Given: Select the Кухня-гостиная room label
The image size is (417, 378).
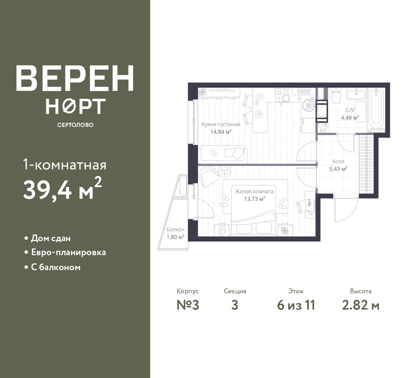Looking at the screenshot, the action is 221,124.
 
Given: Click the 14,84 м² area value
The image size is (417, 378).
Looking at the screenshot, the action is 221,132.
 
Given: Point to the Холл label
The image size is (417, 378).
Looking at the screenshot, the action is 338,161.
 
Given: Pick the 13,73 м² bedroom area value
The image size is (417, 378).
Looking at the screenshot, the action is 254,199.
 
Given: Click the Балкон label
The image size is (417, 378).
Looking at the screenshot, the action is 176,229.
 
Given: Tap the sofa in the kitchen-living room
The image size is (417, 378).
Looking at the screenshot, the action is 223,153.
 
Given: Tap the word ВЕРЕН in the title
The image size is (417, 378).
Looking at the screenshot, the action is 75,78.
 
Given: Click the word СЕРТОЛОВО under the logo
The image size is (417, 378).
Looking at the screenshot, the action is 75,125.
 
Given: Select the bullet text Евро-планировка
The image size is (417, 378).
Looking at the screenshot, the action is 68,253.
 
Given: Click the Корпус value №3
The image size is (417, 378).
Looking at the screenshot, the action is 188,305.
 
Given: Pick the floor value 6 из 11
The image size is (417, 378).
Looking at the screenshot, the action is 296,305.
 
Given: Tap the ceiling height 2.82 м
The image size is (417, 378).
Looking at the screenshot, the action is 361,305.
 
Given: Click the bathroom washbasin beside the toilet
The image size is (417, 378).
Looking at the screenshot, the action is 356,95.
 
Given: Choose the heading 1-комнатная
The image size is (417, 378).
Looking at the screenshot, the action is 65,165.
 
